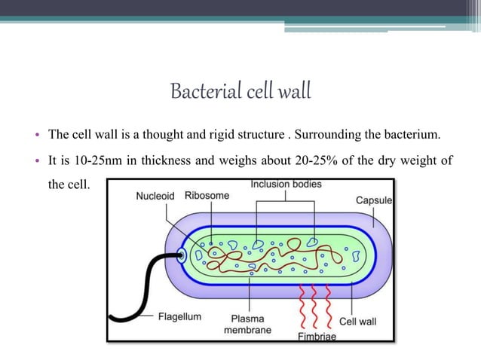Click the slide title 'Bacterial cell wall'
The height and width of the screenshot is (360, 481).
[240, 92]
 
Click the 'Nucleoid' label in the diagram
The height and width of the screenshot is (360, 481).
[155, 196]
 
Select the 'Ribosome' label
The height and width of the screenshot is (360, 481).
[207, 195]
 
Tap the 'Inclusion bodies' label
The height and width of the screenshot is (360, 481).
[286, 184]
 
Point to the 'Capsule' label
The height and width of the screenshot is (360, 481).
[374, 200]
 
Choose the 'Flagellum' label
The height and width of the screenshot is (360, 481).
[179, 316]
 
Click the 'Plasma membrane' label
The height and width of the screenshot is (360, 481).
[247, 324]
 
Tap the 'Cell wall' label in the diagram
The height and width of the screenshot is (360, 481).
[358, 321]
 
